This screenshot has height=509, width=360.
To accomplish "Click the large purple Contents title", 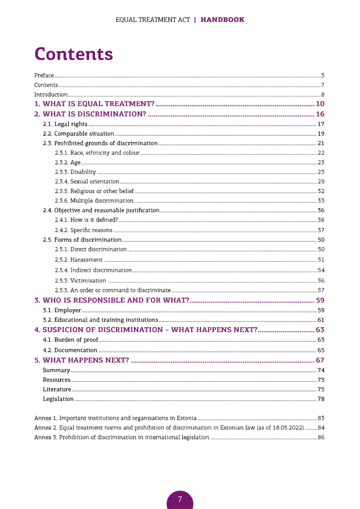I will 74,54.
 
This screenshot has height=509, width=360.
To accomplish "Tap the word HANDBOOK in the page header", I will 222,20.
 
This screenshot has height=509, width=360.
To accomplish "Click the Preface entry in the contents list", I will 44,76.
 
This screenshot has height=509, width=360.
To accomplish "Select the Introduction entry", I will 51,94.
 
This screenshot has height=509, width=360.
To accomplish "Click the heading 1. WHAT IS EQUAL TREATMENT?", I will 94,104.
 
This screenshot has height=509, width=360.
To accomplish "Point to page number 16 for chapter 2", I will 320,114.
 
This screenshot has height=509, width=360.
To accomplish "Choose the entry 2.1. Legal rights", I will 65,124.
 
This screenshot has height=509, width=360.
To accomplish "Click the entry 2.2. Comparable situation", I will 79,134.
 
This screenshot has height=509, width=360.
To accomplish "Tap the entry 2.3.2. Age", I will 68,163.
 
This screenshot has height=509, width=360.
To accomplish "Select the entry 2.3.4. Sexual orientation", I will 87,181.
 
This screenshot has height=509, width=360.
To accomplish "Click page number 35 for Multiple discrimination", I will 321,201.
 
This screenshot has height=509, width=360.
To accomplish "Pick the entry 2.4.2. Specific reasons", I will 84,230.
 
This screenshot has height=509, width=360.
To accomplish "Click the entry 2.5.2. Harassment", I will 79,259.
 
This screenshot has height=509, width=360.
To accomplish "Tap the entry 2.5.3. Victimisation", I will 80,280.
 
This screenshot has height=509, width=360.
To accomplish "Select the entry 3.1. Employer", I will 62,310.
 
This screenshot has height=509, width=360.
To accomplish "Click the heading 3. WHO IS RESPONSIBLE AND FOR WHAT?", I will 112,300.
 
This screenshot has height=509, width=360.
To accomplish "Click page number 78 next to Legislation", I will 321,399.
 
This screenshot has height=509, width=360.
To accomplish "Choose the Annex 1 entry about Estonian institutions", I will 115,418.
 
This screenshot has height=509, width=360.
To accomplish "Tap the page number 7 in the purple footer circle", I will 180,499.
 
